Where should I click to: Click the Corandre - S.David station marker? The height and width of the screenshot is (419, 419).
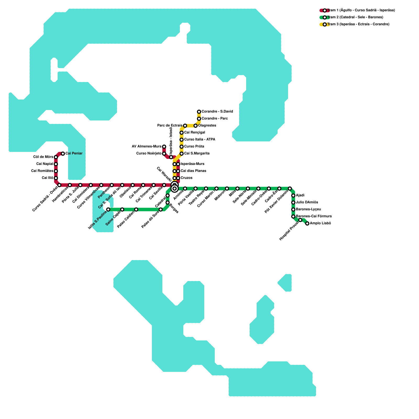[199, 112]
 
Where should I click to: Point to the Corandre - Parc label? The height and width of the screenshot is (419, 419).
[214, 119]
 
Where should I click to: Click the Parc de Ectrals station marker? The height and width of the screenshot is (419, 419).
[185, 126]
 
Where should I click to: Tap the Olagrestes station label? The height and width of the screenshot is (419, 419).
[207, 126]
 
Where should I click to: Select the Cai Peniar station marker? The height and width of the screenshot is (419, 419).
[63, 153]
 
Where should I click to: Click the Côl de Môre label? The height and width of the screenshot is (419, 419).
[43, 157]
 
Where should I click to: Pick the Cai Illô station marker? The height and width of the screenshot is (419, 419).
[56, 178]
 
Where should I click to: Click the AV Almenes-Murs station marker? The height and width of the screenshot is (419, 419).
[164, 147]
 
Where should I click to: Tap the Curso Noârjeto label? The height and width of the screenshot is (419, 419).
[149, 153]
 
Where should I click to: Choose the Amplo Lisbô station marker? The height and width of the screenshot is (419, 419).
[307, 223]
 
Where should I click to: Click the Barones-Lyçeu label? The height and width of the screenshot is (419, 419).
[308, 210]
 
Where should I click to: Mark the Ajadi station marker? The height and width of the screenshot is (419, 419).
[293, 196]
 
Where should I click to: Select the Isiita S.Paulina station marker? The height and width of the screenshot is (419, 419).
[108, 210]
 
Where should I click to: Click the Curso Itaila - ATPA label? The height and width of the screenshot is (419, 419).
[200, 140]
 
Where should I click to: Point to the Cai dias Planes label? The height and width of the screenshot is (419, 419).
[193, 171]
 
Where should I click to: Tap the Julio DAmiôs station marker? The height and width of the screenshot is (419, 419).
[293, 202]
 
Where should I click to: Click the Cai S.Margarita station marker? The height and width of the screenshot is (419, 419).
[181, 153]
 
